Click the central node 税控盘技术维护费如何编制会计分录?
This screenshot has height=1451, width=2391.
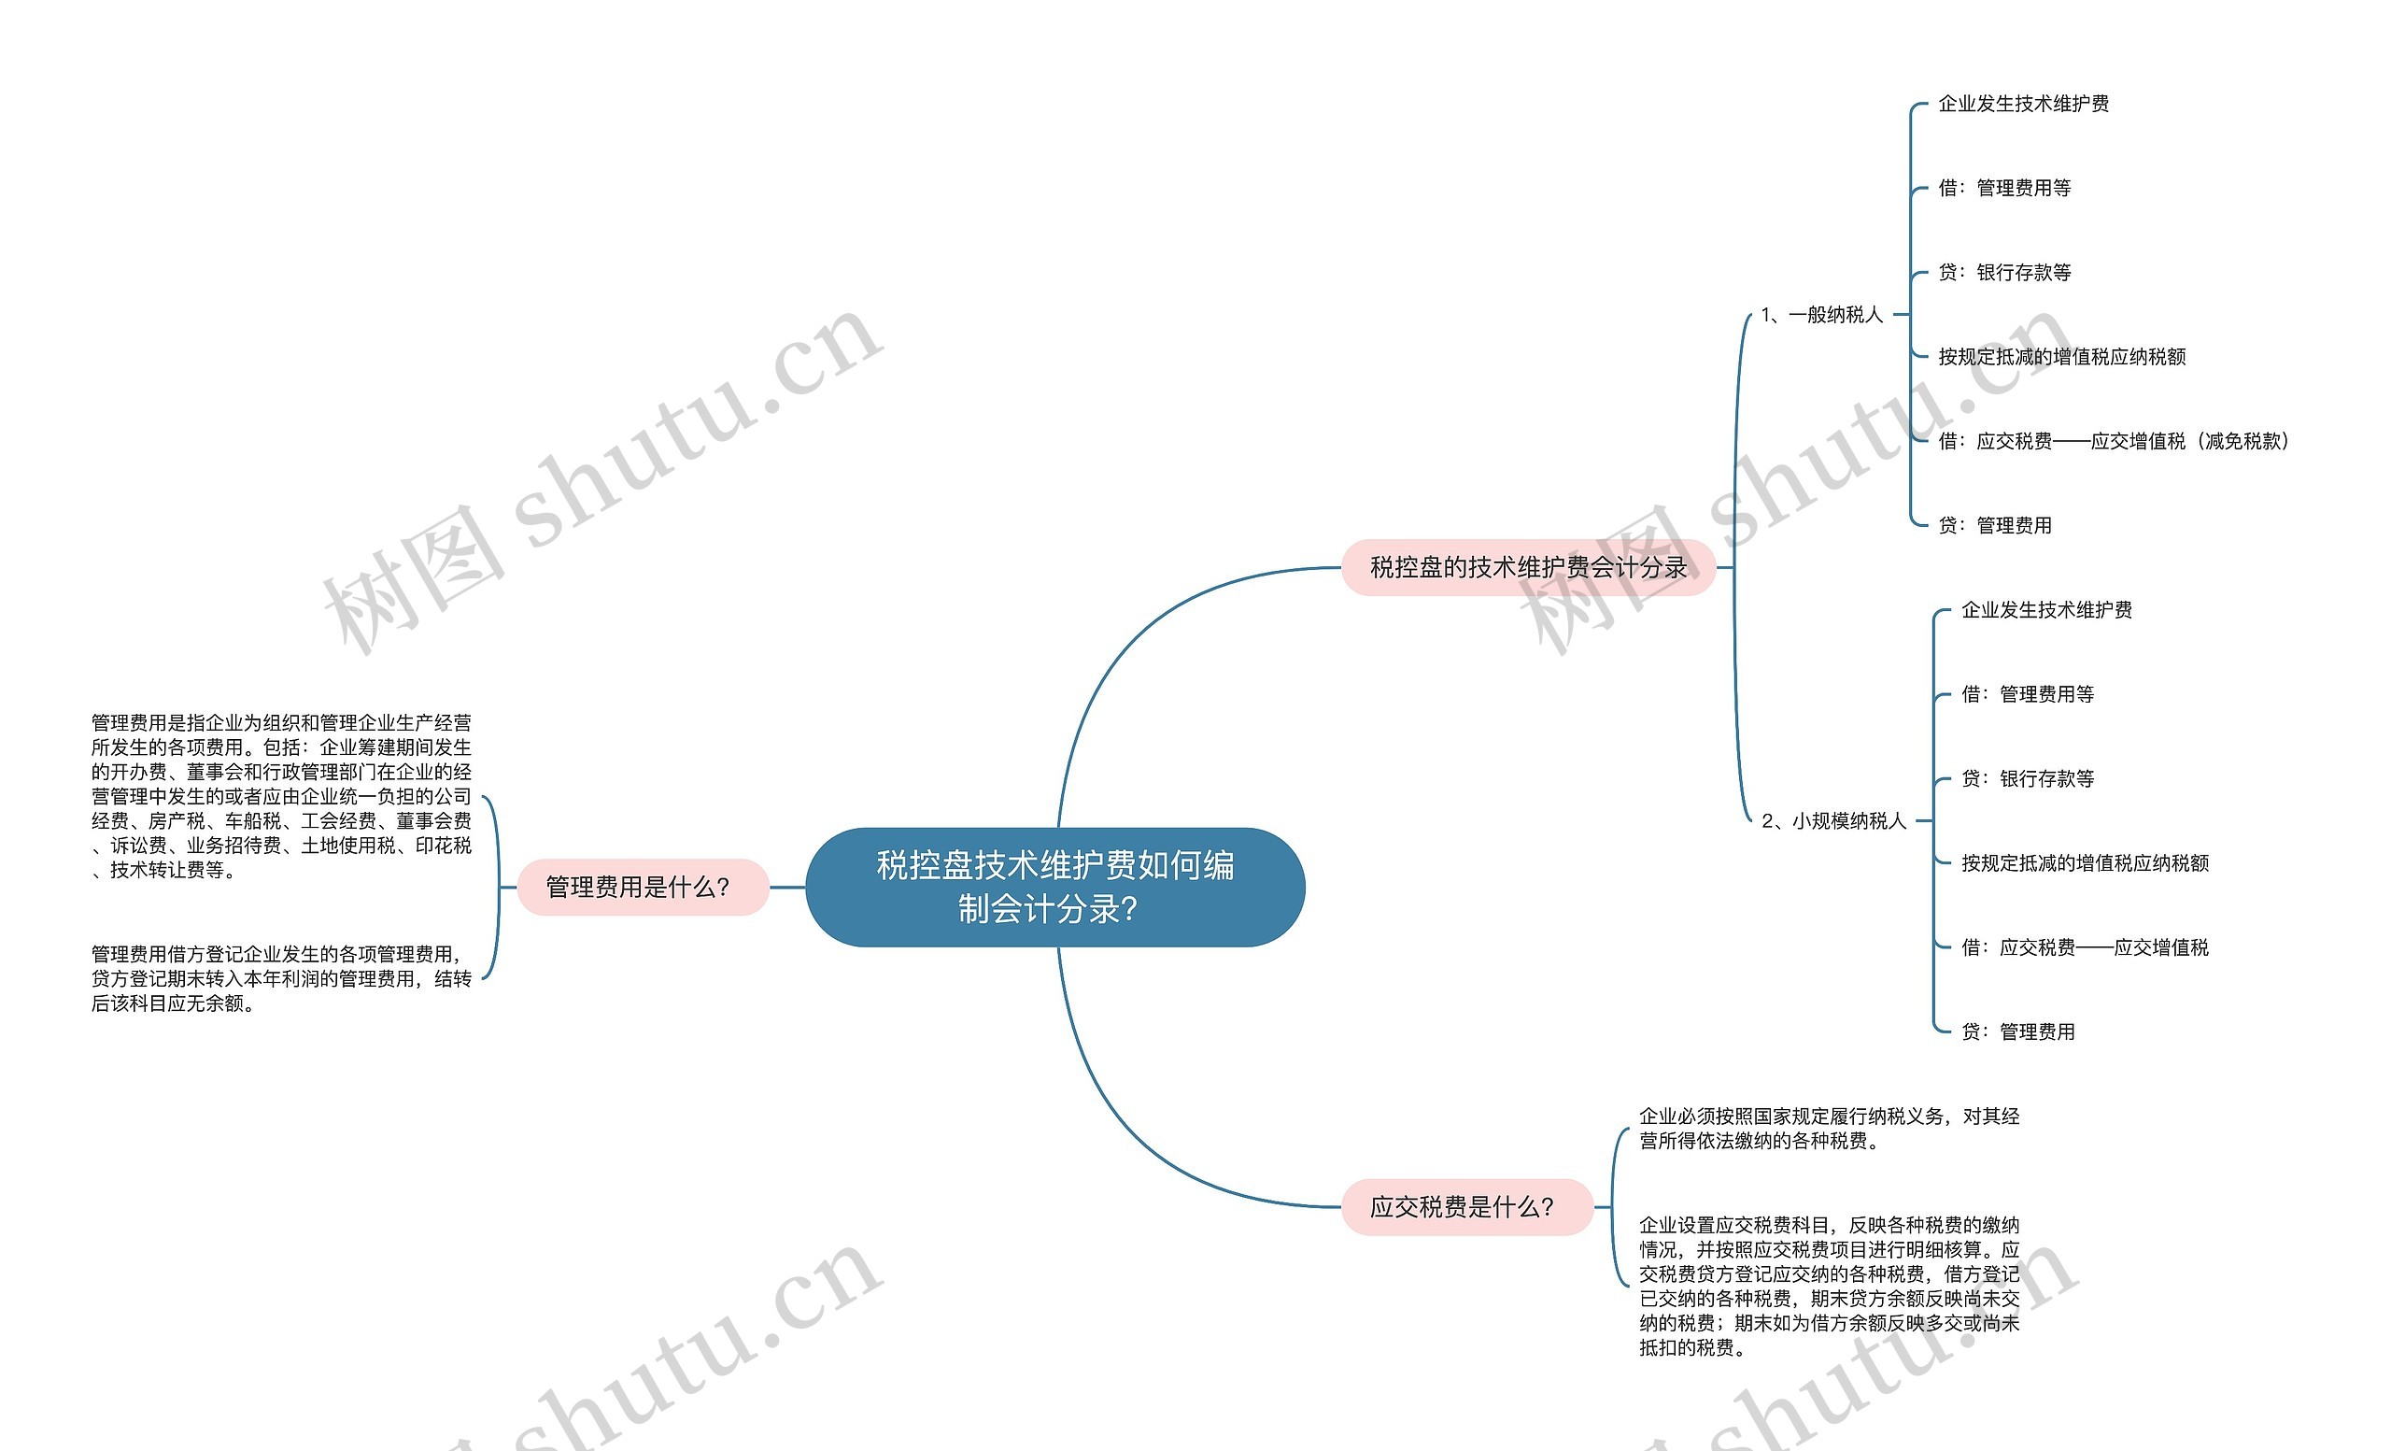pyautogui.click(x=1054, y=886)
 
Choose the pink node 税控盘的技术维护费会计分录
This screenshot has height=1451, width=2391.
pyautogui.click(x=1528, y=567)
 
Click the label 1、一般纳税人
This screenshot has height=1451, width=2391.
pyautogui.click(x=1821, y=315)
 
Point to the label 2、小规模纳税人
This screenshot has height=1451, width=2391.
pyautogui.click(x=1833, y=821)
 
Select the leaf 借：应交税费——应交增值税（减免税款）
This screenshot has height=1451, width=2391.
pyautogui.click(x=2113, y=442)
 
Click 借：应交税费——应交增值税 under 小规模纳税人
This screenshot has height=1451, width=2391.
pyautogui.click(x=2085, y=947)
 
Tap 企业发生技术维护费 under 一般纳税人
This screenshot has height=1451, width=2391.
pyautogui.click(x=2023, y=104)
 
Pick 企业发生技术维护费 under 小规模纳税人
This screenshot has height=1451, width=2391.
pyautogui.click(x=2046, y=609)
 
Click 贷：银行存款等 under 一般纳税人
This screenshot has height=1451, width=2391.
pyautogui.click(x=2003, y=273)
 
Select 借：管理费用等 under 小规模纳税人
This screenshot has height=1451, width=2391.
pyautogui.click(x=2027, y=694)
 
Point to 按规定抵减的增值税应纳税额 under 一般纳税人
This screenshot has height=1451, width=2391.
pyautogui.click(x=2061, y=357)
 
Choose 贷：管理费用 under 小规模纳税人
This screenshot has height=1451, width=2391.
pyautogui.click(x=2017, y=1031)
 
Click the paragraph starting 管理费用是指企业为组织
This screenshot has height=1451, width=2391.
pyautogui.click(x=281, y=796)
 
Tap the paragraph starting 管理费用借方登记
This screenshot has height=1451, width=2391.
pyautogui.click(x=281, y=978)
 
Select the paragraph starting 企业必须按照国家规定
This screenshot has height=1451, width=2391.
pyautogui.click(x=1829, y=1128)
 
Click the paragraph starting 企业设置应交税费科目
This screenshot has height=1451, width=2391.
pyautogui.click(x=1829, y=1286)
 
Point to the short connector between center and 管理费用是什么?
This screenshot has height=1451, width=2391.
pyautogui.click(x=787, y=886)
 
